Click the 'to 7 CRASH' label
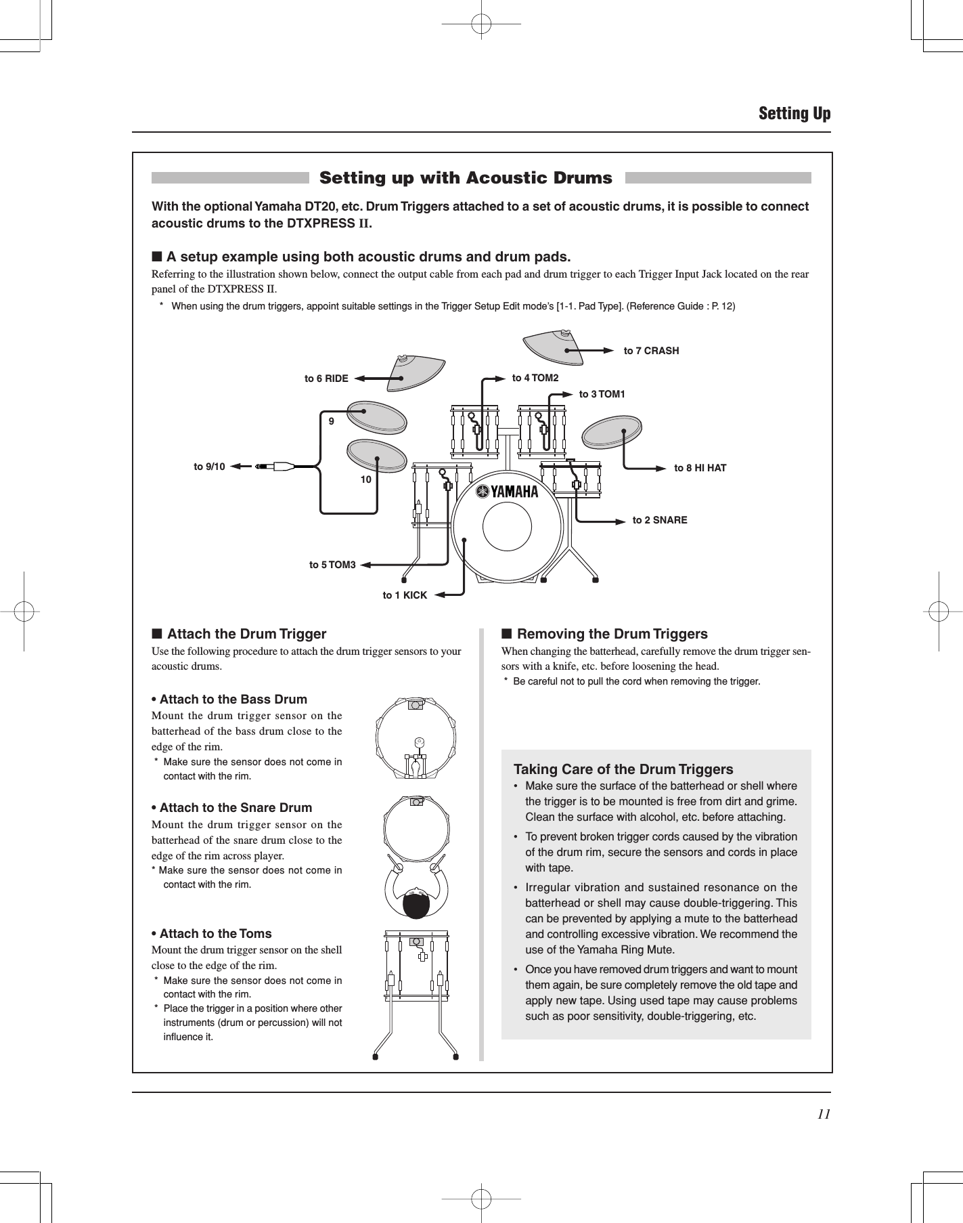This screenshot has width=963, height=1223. [651, 351]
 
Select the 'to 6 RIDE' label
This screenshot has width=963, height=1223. [326, 379]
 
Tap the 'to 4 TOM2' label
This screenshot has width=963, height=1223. [535, 378]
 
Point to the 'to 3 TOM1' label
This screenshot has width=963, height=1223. [602, 394]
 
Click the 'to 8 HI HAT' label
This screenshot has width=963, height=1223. [700, 468]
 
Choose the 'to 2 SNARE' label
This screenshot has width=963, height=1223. [660, 520]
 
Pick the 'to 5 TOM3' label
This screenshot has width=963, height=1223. [332, 564]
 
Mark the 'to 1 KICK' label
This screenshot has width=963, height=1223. [405, 595]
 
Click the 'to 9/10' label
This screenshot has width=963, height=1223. [209, 467]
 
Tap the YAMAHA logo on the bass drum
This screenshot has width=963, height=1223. [507, 492]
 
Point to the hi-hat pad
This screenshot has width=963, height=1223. [611, 433]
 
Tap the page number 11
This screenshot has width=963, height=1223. [823, 1115]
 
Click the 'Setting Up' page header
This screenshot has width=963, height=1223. [794, 113]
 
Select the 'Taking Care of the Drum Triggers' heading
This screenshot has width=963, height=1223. [623, 769]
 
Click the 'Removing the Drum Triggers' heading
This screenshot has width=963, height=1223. [612, 634]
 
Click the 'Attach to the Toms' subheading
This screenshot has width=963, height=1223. [215, 933]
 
